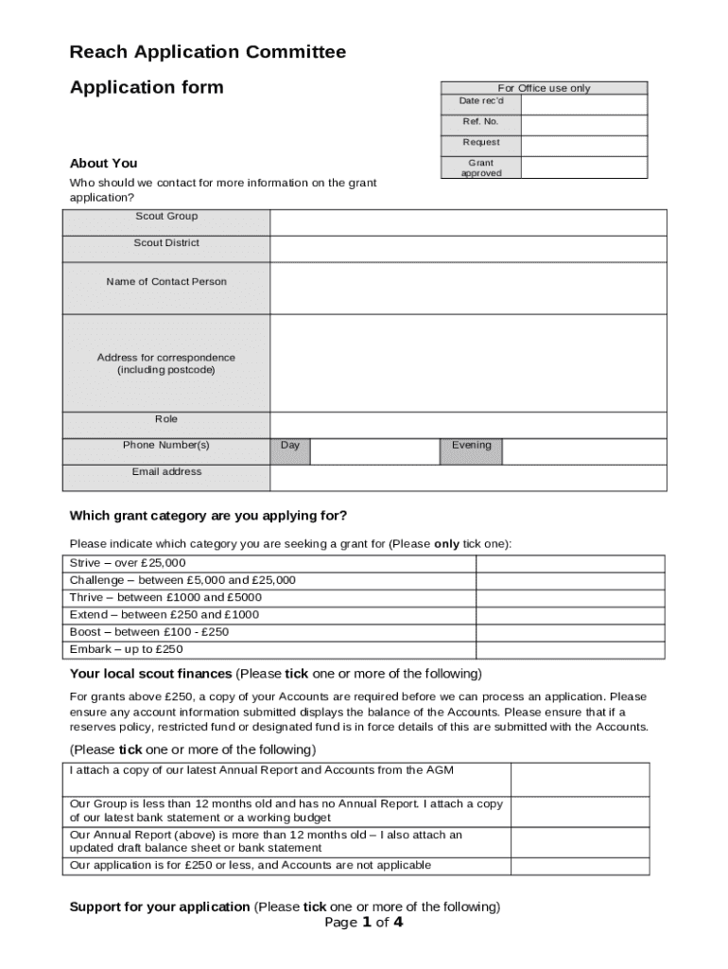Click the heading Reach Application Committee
click(208, 52)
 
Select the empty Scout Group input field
click(468, 222)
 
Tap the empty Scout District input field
click(468, 249)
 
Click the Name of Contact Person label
click(166, 282)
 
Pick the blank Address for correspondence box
click(468, 363)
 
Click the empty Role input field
click(468, 425)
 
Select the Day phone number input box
click(374, 451)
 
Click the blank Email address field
click(468, 478)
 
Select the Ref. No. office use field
click(583, 125)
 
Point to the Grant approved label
click(481, 168)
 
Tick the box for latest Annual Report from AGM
click(580, 779)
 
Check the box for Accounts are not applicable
click(580, 866)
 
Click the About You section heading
click(104, 164)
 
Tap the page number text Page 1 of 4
click(364, 923)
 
